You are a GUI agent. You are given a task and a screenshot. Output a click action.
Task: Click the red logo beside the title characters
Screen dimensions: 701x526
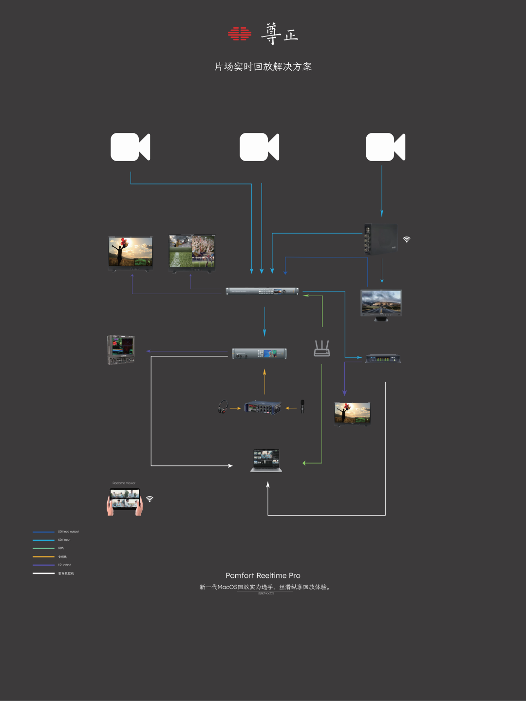240,34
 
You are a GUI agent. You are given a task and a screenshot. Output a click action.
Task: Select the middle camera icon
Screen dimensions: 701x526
259,147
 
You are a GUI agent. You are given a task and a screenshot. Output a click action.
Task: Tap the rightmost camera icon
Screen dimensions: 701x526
385,147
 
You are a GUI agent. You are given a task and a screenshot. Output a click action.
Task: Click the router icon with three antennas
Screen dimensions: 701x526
322,349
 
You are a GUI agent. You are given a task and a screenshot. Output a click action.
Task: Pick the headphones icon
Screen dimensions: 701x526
223,406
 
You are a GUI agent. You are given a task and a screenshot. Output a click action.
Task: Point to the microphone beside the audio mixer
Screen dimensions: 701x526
302,406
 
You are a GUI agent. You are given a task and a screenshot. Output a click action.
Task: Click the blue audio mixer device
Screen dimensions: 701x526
263,407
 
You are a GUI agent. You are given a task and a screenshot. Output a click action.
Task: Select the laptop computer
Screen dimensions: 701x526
266,461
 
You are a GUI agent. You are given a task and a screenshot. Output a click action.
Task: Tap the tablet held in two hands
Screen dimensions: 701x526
125,500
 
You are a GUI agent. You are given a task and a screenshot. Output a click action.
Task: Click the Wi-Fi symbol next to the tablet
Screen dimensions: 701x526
150,499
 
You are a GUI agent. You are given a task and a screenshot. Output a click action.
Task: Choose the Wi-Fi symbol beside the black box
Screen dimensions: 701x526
407,239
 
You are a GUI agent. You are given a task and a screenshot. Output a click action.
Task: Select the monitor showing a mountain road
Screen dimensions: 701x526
381,304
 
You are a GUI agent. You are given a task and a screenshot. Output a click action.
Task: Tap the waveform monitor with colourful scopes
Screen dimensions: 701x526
121,350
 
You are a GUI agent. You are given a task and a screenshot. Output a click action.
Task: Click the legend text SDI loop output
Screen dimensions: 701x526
68,532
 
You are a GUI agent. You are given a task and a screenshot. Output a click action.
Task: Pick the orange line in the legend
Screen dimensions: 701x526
43,556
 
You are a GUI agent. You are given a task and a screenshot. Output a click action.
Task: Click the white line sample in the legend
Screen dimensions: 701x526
43,573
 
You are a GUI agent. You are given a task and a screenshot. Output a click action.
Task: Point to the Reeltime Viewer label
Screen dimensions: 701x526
124,483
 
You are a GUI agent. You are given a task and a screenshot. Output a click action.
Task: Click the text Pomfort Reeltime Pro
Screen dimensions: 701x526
263,575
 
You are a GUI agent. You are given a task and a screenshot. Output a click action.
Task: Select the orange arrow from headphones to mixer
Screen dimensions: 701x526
235,408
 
